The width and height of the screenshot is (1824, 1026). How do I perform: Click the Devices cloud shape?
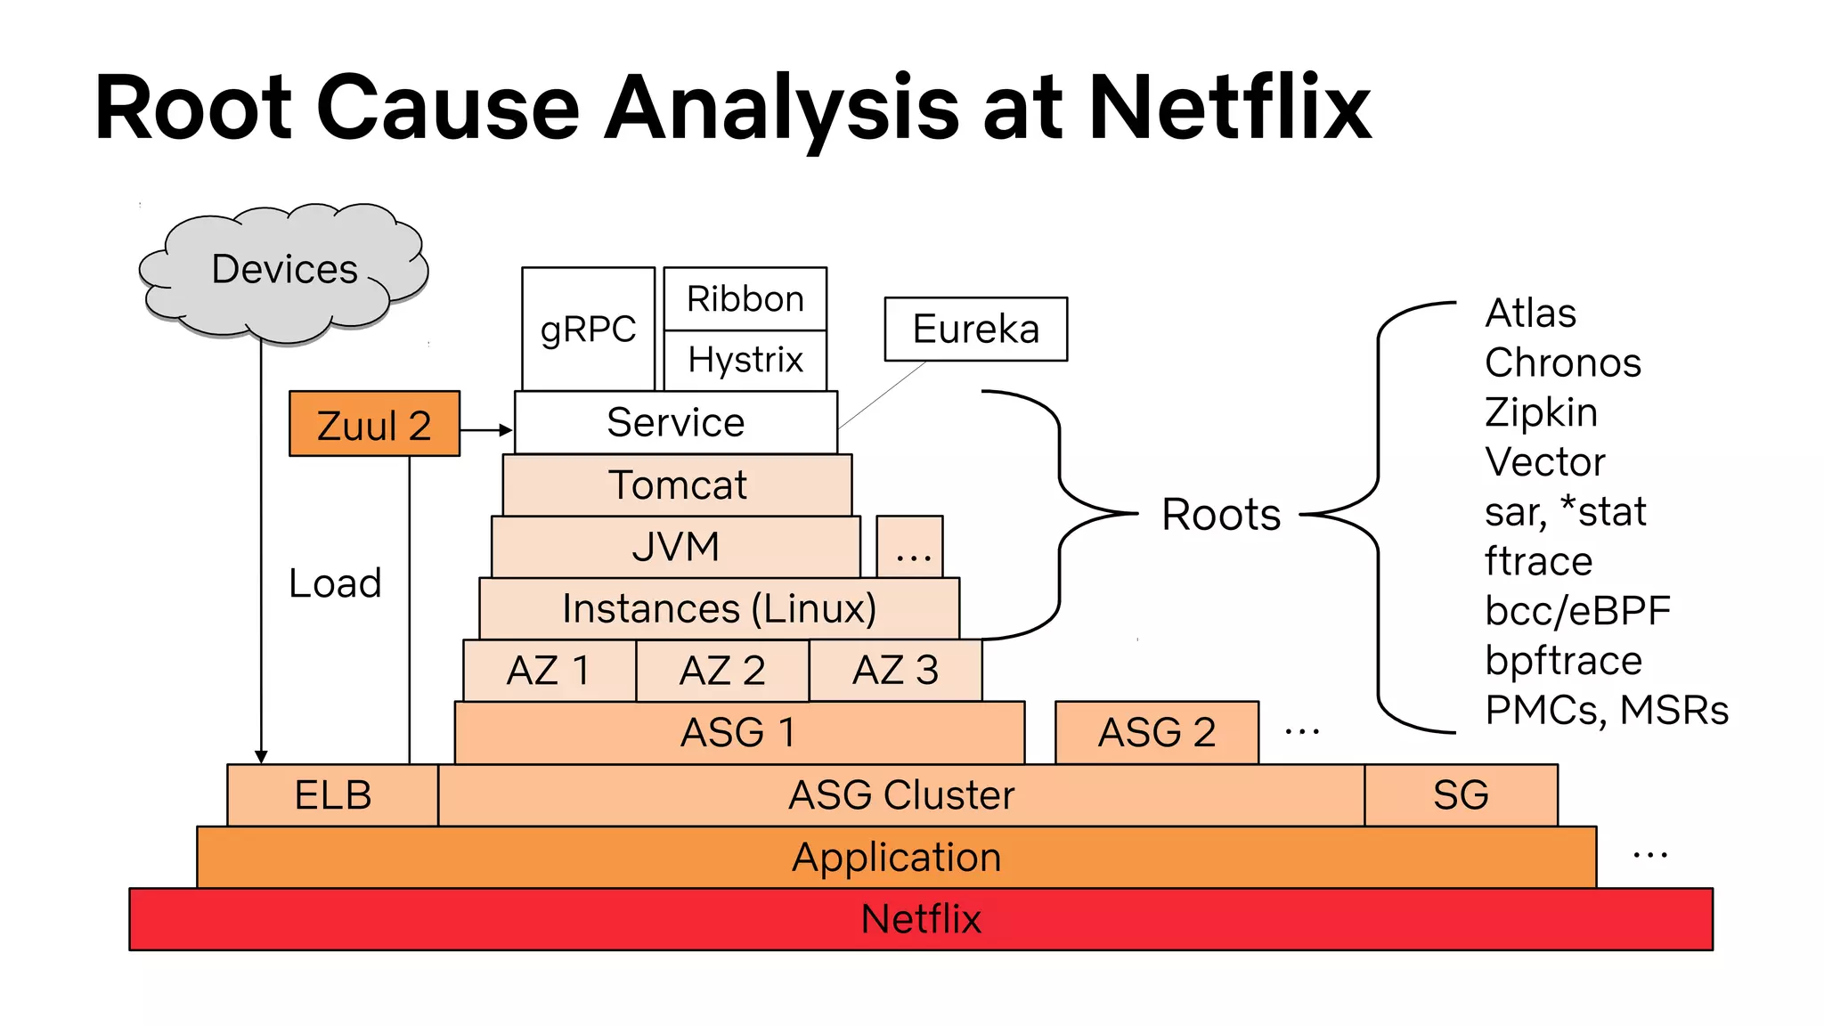pos(283,272)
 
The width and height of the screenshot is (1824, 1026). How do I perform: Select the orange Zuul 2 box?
pos(374,424)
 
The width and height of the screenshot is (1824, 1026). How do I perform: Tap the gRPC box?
pos(588,329)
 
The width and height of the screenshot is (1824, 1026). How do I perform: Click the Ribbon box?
pos(745,298)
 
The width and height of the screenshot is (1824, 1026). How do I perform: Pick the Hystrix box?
pos(745,360)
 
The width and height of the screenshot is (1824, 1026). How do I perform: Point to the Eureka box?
pos(975,329)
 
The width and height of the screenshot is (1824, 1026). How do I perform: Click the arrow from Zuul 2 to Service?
pos(486,430)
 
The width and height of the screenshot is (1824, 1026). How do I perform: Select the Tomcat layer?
pos(677,485)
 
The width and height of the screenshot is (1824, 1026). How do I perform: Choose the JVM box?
pos(675,547)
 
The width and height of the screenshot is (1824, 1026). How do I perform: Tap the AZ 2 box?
pos(722,671)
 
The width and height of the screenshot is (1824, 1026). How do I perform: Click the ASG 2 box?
pos(1156,733)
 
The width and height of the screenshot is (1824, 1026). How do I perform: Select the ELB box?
pos(332,795)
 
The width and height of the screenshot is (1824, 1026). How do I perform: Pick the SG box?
pos(1461,795)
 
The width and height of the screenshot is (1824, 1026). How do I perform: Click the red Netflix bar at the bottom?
pos(920,919)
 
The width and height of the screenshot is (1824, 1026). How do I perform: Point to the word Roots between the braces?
pos(1220,515)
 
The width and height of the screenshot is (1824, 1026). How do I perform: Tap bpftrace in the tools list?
pos(1563,661)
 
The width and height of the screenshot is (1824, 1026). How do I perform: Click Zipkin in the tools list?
pos(1541,412)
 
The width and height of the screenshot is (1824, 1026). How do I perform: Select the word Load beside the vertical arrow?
pos(335,583)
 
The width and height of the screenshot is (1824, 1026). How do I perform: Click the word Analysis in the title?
pos(781,109)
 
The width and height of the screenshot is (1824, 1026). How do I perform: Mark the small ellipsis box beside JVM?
pos(909,547)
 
